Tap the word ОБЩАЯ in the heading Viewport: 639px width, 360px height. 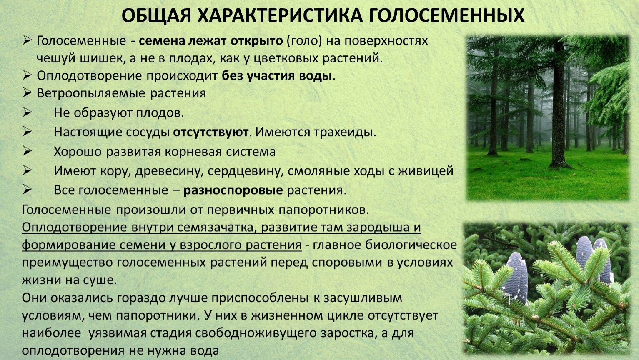coord(156,16)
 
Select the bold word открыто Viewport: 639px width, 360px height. coord(256,41)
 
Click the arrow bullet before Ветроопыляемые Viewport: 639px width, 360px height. coord(27,93)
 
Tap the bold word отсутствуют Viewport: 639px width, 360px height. coord(211,132)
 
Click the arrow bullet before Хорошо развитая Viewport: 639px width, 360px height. coord(27,151)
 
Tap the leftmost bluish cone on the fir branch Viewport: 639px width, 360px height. coord(516,277)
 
